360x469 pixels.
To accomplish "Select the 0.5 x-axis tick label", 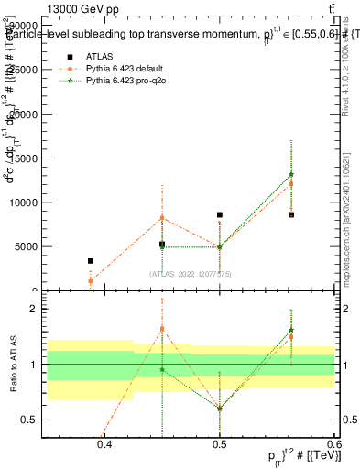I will [x=219, y=445].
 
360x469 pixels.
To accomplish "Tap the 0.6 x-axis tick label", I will [x=333, y=445].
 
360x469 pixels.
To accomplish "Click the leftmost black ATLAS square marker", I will [x=90, y=261].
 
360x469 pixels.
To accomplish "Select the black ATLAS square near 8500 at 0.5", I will [x=219, y=214].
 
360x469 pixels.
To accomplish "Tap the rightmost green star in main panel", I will [x=291, y=174].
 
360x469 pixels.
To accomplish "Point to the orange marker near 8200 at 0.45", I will [x=162, y=217].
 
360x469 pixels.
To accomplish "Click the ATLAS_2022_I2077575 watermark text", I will [x=191, y=274].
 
